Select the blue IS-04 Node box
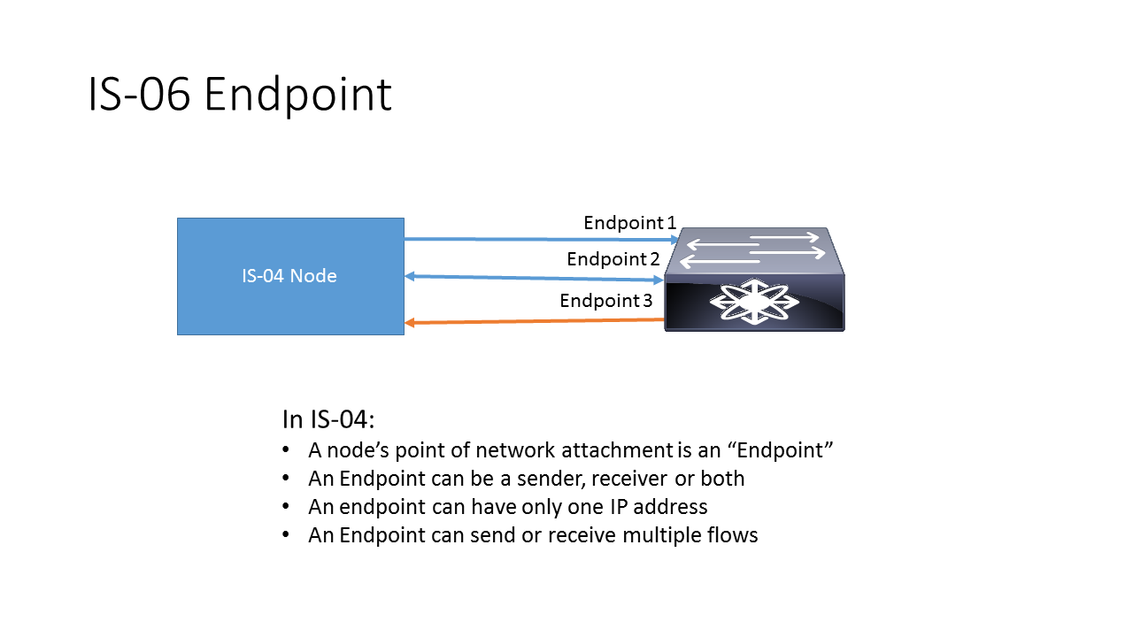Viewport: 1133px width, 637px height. [290, 276]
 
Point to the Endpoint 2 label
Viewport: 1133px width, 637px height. [613, 259]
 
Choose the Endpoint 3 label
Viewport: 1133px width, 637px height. [606, 301]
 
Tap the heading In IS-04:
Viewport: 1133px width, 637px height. [329, 418]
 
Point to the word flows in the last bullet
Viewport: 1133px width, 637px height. [731, 535]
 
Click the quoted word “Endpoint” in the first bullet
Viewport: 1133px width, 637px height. [781, 450]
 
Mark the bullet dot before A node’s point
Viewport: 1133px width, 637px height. [286, 450]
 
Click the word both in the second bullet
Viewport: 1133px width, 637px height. [721, 479]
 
